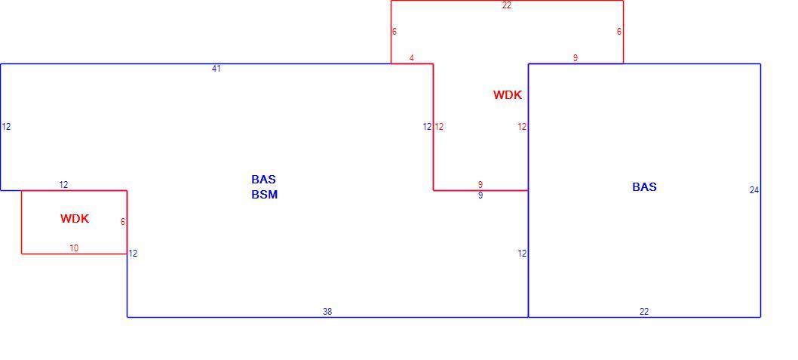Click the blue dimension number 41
coord(216,68)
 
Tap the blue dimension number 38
coord(327,312)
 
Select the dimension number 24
coord(754,190)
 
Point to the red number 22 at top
coord(506,6)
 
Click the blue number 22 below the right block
coord(644,312)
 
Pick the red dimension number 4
coord(412,58)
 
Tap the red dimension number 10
coord(75,248)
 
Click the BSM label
coord(265,195)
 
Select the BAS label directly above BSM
coord(264,179)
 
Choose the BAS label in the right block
coord(644,187)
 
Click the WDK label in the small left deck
coord(75,219)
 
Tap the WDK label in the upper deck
coord(508,94)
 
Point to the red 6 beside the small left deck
coord(123,222)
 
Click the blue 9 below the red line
coord(480,195)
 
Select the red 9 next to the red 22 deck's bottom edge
coord(575,58)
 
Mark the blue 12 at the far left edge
coord(6,127)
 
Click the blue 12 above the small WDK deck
coord(63,185)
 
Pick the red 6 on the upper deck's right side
coord(619,32)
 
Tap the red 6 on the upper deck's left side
coord(394,32)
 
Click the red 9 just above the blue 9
coord(480,185)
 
